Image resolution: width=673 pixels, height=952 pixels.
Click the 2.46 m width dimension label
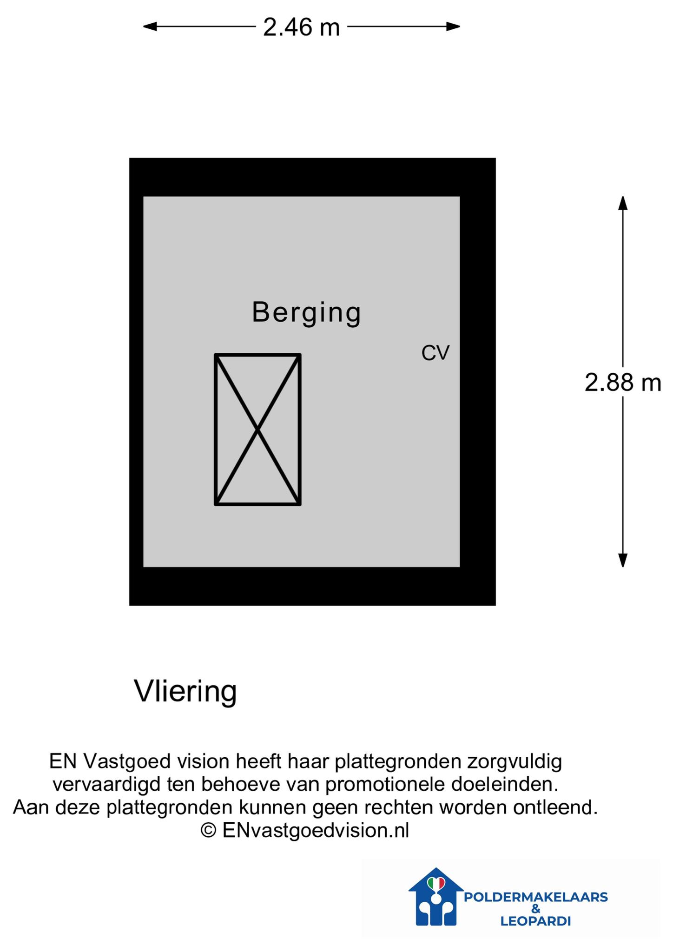(301, 27)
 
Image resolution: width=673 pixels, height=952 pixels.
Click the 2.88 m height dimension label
(623, 383)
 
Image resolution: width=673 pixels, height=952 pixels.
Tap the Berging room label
(306, 313)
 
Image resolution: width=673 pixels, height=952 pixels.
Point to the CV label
(435, 353)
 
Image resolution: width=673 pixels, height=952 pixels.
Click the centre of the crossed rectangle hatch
(257, 430)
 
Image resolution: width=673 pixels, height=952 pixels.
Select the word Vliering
(185, 692)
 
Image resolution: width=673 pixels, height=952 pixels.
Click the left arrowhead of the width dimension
(150, 26)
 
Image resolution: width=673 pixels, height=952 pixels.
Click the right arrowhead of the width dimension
(453, 26)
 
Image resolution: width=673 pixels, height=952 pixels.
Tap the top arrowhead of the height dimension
(623, 203)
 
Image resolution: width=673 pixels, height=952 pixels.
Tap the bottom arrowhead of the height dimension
(623, 560)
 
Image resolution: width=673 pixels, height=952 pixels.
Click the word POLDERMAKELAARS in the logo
(536, 897)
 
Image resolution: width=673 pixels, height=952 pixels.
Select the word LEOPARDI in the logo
(535, 921)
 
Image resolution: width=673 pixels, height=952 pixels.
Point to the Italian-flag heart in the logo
(436, 883)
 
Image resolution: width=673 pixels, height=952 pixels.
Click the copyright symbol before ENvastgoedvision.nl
(209, 830)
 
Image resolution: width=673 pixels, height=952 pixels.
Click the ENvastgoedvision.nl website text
(316, 830)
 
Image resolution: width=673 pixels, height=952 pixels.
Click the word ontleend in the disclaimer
(555, 807)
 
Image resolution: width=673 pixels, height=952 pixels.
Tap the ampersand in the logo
(536, 909)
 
